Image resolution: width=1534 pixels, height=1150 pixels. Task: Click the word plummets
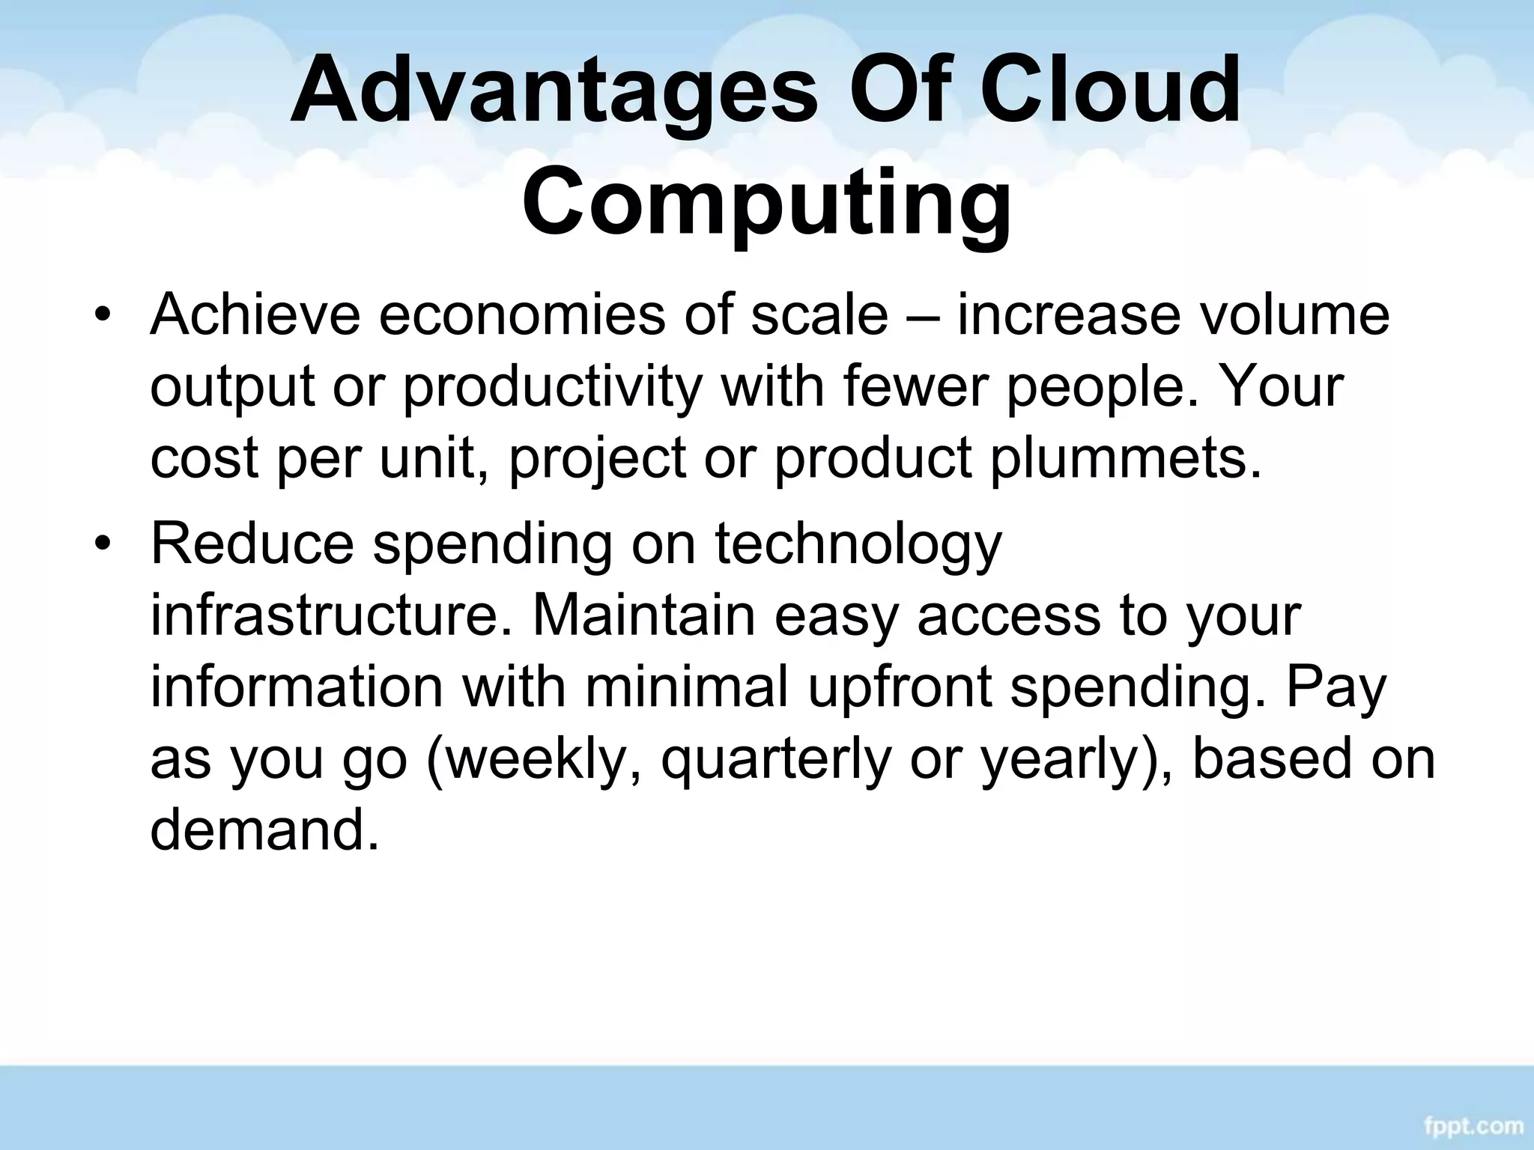point(1125,458)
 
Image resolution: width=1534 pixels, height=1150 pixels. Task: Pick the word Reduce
point(252,543)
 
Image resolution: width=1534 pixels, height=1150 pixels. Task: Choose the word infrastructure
point(333,615)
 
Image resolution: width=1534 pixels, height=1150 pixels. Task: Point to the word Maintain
point(643,615)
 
